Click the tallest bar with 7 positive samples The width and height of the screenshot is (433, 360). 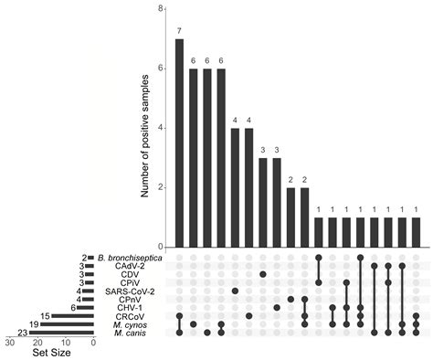(179, 143)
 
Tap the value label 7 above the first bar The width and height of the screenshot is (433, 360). (179, 30)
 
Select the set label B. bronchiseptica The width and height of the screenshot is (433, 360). (135, 259)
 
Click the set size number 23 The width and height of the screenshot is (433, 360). (19, 333)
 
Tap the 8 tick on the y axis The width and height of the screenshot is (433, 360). (161, 8)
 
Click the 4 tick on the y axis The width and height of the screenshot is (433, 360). (161, 128)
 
